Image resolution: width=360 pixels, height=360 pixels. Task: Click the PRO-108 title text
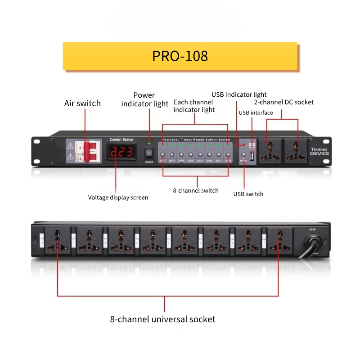[x=180, y=56]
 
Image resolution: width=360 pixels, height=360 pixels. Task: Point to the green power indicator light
[x=149, y=144]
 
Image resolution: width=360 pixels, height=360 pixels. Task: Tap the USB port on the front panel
[x=252, y=156]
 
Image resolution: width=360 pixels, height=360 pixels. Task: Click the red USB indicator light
[x=243, y=145]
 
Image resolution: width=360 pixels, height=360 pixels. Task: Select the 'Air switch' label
[x=82, y=103]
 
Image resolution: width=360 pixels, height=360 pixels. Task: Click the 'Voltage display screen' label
[x=118, y=197]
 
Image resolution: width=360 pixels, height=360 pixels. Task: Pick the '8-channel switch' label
[x=196, y=190]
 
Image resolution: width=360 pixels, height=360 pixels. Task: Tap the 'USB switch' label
[x=248, y=194]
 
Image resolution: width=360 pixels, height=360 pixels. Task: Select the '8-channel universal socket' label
[x=163, y=319]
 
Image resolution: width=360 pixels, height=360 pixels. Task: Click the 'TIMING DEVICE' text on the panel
[x=319, y=151]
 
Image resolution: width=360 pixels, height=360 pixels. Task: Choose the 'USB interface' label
[x=256, y=112]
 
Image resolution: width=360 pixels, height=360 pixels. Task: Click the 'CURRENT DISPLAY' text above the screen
[x=121, y=139]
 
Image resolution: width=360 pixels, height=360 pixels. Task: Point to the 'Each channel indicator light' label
[x=194, y=106]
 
